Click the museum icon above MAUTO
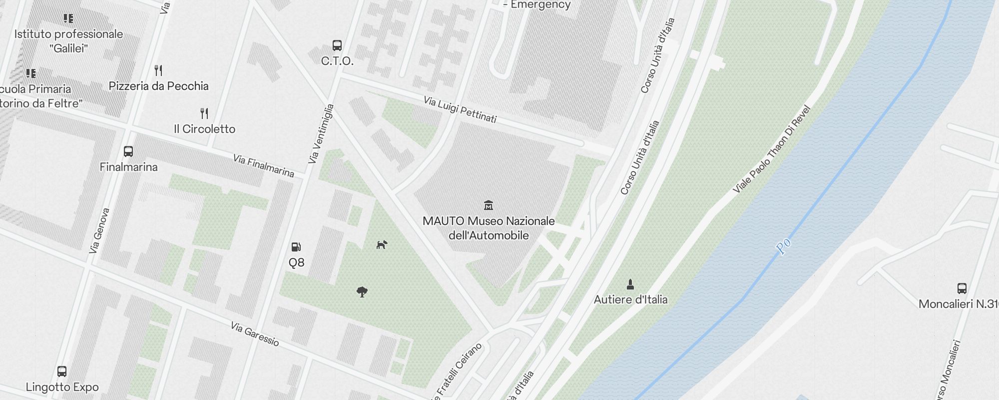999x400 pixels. tap(489, 205)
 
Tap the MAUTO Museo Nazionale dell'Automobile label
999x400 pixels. tap(489, 228)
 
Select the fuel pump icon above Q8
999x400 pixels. tap(296, 247)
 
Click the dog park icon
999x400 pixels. tap(382, 244)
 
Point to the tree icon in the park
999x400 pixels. tap(362, 292)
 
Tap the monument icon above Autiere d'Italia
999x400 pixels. tap(630, 284)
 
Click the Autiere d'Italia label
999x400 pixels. tap(630, 299)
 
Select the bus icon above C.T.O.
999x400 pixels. tap(337, 45)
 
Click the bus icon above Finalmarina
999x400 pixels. tap(128, 151)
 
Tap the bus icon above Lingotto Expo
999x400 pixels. tap(62, 371)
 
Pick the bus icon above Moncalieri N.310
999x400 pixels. tap(962, 288)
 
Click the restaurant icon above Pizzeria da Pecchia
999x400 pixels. tap(158, 70)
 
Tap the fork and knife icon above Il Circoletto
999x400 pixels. tap(204, 113)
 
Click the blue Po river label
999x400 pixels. tap(783, 246)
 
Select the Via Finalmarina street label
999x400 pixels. tap(263, 166)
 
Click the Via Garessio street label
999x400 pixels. tap(255, 334)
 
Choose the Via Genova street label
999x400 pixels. tap(98, 230)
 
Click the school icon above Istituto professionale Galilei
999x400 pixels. tap(68, 19)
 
